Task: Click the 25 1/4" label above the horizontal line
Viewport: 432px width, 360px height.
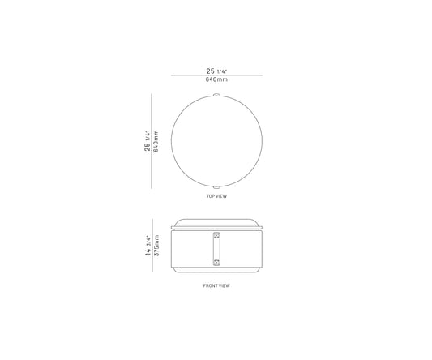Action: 216,71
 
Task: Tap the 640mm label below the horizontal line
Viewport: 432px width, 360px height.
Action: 216,79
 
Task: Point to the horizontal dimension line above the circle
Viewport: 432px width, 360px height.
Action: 216,75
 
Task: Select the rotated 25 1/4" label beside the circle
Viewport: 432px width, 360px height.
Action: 148,141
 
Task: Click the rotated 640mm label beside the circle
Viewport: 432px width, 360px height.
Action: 156,141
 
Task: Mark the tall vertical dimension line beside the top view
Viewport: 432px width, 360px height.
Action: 152,141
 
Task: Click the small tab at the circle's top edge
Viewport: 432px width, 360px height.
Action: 216,95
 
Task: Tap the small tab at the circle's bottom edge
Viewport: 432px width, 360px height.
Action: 216,187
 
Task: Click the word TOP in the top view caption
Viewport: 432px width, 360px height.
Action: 210,196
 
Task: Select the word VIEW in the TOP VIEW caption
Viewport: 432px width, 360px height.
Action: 221,196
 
